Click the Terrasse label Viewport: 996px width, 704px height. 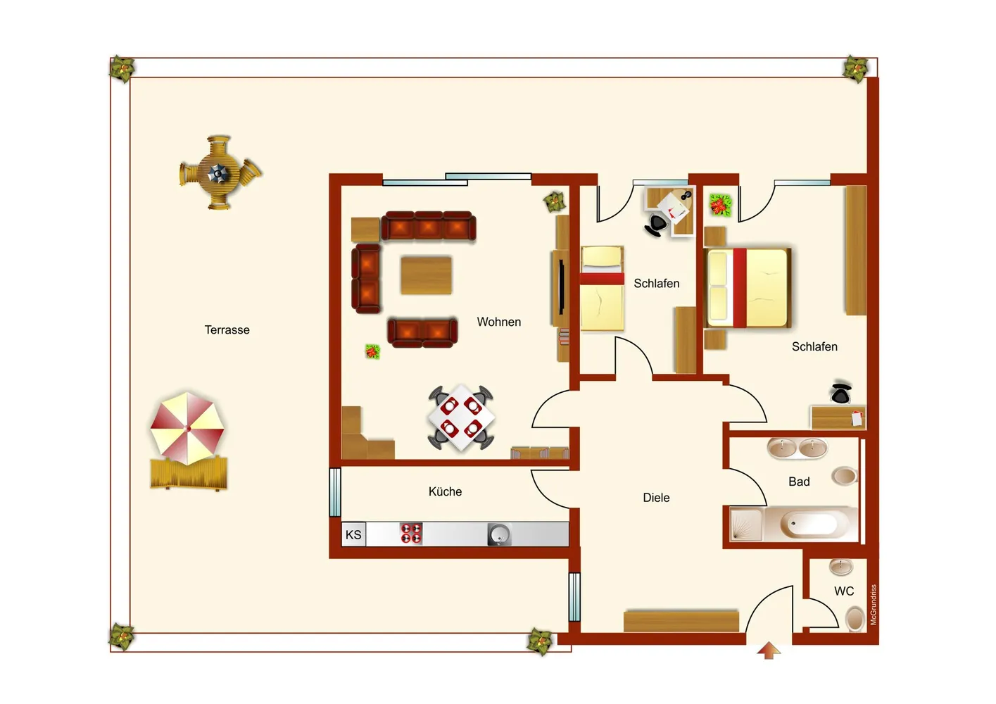pos(227,330)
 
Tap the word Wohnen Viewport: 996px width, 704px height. pos(499,322)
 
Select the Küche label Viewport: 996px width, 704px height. pos(445,491)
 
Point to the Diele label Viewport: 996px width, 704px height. pos(656,498)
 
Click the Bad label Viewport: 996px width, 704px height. pos(799,482)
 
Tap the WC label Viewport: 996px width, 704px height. pos(844,591)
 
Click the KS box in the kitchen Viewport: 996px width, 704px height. pos(353,534)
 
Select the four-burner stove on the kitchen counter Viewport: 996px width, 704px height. pos(411,534)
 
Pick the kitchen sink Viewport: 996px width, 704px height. pos(499,534)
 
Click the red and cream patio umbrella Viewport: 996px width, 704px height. pos(187,428)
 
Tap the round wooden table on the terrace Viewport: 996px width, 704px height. pos(218,172)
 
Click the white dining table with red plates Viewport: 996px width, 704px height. pos(461,417)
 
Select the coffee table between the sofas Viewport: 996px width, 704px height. pos(426,275)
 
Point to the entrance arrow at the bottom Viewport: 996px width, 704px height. pos(769,650)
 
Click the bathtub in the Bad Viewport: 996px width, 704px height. pos(811,524)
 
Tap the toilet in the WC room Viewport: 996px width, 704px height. pos(855,619)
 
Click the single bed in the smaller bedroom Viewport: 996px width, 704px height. pos(602,289)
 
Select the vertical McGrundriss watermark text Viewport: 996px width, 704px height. pos(874,605)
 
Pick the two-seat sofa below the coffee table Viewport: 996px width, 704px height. pos(422,332)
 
